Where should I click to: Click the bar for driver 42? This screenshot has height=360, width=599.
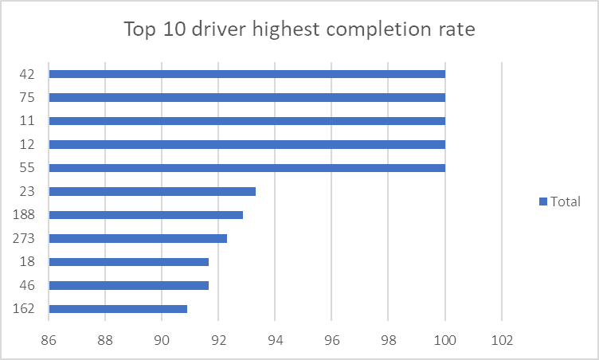pos(247,74)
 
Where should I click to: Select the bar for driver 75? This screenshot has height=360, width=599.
pos(247,98)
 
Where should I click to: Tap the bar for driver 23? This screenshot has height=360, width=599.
pos(152,191)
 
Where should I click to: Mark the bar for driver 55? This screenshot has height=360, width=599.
pos(247,168)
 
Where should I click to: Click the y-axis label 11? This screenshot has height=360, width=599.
pos(27,121)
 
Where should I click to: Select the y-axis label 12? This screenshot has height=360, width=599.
pos(27,145)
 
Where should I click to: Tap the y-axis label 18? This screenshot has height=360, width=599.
pos(27,262)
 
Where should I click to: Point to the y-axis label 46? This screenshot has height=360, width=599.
pos(27,285)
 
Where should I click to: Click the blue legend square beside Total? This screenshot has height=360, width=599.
pos(543,202)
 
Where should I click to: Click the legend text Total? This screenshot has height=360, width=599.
pos(566,202)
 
